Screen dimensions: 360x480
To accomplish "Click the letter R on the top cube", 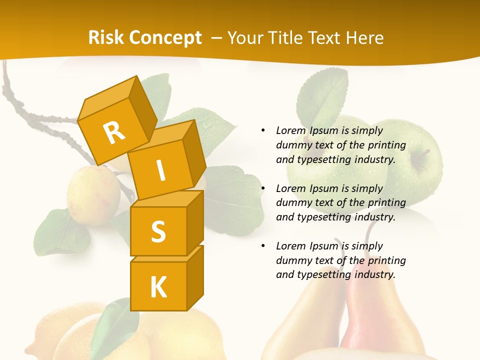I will pyautogui.click(x=114, y=132).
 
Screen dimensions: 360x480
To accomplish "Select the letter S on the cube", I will pyautogui.click(x=158, y=231).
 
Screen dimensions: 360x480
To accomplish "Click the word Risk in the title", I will pyautogui.click(x=106, y=37).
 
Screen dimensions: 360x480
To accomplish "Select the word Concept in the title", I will pyautogui.click(x=164, y=38).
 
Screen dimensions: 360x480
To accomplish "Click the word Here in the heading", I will pyautogui.click(x=364, y=38).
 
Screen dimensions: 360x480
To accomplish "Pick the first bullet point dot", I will pyautogui.click(x=263, y=130).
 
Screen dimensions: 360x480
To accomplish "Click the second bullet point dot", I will pyautogui.click(x=263, y=188).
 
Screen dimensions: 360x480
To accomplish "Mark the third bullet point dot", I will pyautogui.click(x=263, y=246).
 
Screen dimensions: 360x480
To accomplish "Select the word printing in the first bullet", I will pyautogui.click(x=387, y=145).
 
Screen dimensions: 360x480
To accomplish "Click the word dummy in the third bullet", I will pyautogui.click(x=292, y=260).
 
